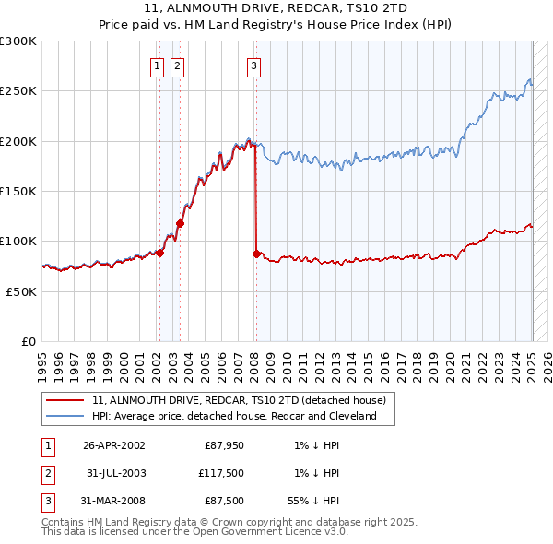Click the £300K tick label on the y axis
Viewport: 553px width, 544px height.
point(18,41)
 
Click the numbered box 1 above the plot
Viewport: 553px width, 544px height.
point(158,65)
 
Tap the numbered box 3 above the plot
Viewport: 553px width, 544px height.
point(253,65)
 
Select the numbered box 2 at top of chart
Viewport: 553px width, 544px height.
point(177,65)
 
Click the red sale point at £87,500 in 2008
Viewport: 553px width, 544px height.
point(255,253)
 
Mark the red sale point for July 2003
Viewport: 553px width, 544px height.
point(181,223)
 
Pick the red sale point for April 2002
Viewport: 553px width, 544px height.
point(159,253)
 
